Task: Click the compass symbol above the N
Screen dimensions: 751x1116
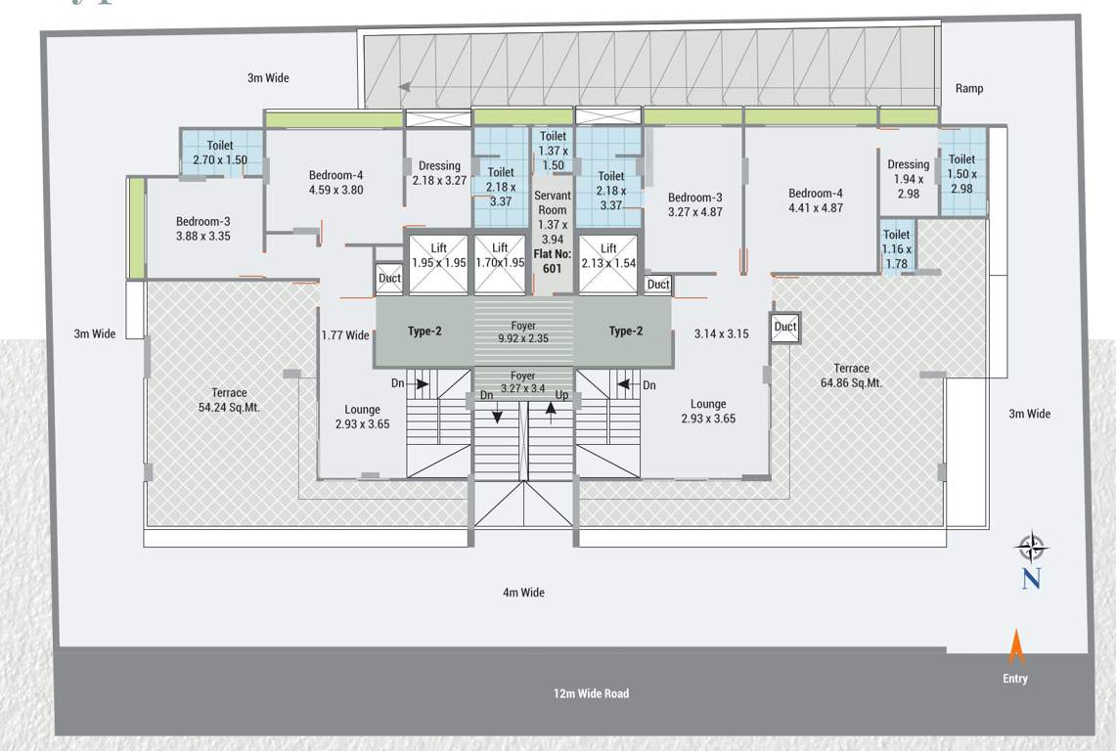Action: pos(1031,547)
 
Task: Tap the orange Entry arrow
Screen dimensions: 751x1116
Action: pos(1016,647)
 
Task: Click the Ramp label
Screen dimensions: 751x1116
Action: pos(969,89)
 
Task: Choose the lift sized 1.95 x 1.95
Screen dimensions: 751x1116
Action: pos(438,263)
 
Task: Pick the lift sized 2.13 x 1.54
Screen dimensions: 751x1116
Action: pos(608,263)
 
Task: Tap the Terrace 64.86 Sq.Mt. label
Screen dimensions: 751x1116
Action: pos(851,375)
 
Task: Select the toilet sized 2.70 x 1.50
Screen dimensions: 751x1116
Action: pos(220,153)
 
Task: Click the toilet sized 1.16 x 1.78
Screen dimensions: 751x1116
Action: pos(896,249)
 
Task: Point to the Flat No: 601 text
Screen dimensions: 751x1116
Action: pos(553,261)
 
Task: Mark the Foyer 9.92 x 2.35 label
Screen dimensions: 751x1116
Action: pos(523,332)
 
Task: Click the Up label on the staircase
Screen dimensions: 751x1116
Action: pos(561,395)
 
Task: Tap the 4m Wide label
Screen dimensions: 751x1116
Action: pos(523,593)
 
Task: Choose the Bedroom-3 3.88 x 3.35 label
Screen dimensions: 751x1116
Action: pos(203,229)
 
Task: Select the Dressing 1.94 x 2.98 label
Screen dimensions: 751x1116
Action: pos(909,179)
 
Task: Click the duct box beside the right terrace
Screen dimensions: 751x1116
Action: pos(785,328)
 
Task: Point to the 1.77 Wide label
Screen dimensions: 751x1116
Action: pos(345,335)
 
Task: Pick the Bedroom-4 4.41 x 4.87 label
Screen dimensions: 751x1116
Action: pos(815,200)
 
